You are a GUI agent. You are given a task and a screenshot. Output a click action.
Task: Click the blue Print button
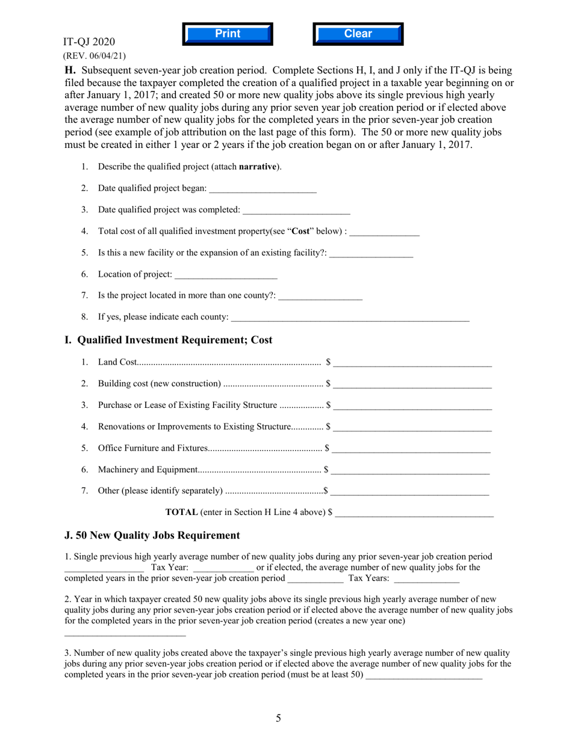coord(228,34)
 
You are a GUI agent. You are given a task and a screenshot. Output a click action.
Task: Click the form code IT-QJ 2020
coord(89,42)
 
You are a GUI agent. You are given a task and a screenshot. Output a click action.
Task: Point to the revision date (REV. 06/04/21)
coord(95,55)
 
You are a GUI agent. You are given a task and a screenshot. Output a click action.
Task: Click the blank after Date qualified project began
coord(263,189)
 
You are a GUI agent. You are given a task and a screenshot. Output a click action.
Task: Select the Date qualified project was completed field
coord(296,210)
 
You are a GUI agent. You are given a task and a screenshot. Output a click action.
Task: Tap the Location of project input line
coord(226,275)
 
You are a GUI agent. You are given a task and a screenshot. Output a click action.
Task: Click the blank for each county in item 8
coord(350,317)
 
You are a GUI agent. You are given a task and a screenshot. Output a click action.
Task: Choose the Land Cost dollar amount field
coord(412,362)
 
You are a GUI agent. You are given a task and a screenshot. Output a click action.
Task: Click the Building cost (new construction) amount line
coord(412,384)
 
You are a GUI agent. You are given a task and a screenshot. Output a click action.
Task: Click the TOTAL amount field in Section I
coord(414,513)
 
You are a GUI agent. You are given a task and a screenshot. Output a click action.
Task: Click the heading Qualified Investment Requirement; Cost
coord(168,340)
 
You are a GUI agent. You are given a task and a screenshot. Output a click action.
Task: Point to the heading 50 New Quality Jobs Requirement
coord(152,535)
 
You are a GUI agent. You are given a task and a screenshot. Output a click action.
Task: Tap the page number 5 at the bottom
coord(278,718)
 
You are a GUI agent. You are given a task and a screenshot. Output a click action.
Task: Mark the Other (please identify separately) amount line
coord(410,491)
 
